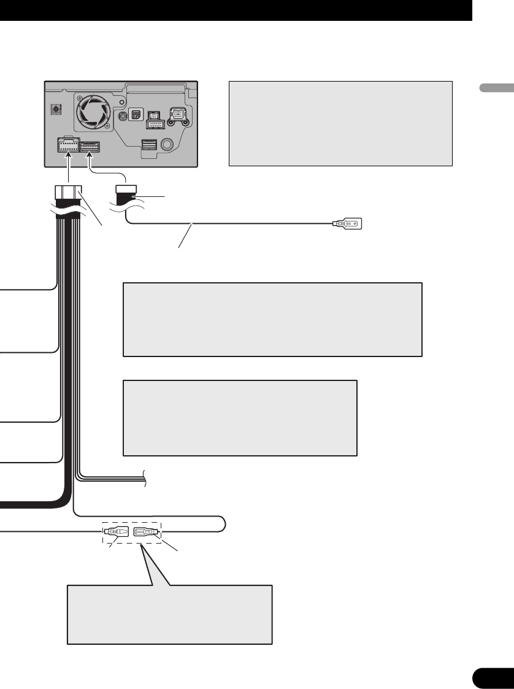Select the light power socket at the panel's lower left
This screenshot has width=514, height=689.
[x=66, y=146]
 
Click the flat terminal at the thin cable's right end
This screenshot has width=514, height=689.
[x=348, y=224]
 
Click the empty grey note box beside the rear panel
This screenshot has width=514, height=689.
[x=340, y=123]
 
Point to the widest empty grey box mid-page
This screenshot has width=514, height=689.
[x=272, y=319]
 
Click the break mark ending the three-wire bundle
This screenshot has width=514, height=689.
[x=146, y=477]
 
